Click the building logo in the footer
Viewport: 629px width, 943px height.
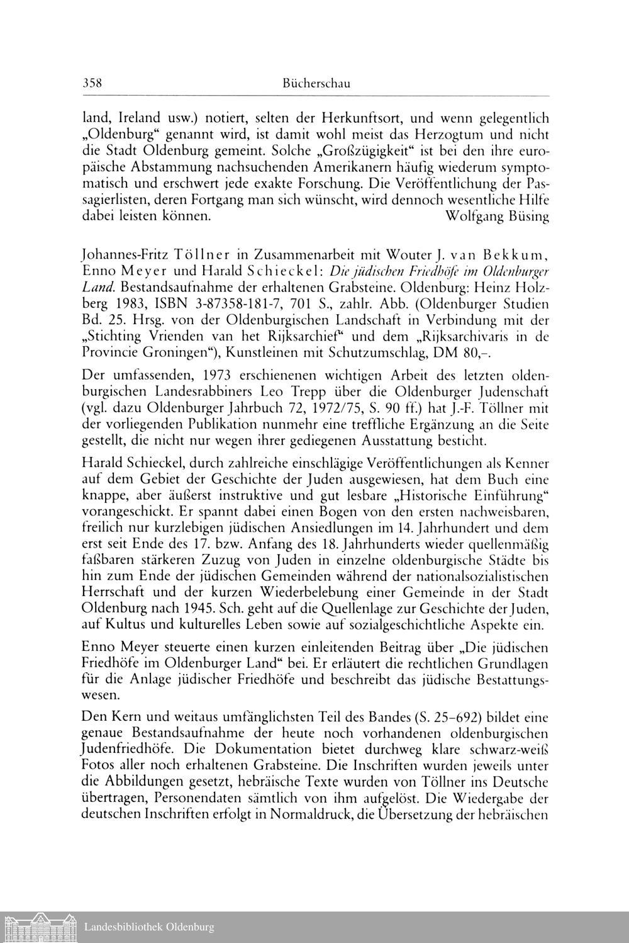[x=38, y=927]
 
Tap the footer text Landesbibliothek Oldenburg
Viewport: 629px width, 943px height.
[x=149, y=927]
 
